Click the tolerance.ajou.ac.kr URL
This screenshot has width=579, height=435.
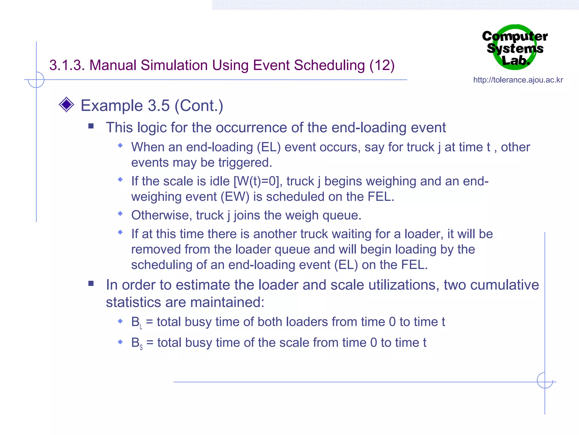518,80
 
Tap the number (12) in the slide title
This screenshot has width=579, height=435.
382,65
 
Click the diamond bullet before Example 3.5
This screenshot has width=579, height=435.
66,105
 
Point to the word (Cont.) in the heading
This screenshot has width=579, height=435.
199,106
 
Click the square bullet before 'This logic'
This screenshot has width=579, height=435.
91,126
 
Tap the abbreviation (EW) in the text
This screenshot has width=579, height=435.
235,197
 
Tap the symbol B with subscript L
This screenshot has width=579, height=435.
137,323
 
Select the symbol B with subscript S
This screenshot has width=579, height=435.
137,343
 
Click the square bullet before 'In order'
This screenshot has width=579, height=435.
91,283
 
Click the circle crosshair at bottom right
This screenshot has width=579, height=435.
545,380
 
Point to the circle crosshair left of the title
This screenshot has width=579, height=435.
36,80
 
